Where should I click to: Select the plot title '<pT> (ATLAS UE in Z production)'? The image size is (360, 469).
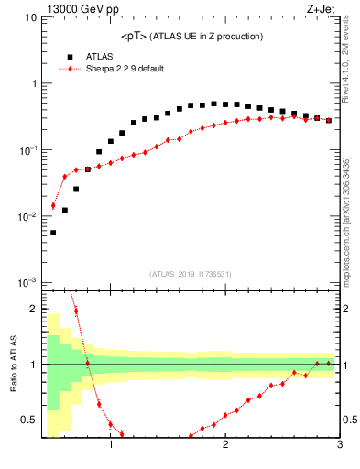click(191, 36)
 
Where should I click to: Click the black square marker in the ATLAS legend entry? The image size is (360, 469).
click(70, 56)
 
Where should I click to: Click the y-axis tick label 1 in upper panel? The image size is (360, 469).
click(33, 83)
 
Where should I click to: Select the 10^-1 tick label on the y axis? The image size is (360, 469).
click(27, 150)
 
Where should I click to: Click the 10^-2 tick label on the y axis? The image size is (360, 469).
click(27, 217)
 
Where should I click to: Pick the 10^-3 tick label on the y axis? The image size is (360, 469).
click(27, 283)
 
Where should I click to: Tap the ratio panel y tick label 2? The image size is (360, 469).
click(33, 309)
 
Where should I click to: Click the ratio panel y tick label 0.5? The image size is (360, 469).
click(29, 420)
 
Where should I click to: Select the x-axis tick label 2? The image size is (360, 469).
click(225, 447)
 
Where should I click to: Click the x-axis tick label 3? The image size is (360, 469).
click(339, 447)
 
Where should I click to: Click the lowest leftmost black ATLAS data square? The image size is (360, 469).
click(53, 233)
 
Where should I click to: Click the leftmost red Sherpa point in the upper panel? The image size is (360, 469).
click(53, 205)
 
